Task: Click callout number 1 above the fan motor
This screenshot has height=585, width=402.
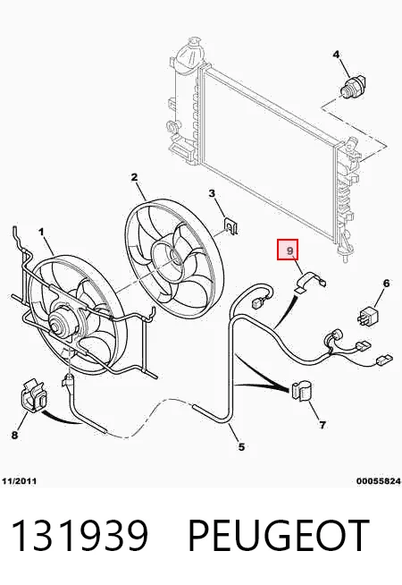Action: (x=41, y=232)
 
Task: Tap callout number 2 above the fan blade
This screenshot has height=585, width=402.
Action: (x=134, y=177)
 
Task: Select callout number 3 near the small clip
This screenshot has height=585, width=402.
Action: (x=212, y=193)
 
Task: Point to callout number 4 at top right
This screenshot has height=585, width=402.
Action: (x=336, y=55)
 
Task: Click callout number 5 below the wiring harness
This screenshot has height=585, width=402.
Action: (x=241, y=446)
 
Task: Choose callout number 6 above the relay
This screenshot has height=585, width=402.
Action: (x=386, y=284)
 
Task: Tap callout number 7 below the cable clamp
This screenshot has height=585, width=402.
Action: (x=322, y=425)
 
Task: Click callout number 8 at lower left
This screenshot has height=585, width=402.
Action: (x=14, y=435)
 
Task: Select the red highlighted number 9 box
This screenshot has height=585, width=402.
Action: (x=288, y=250)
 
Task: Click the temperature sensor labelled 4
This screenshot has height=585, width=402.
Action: (x=354, y=87)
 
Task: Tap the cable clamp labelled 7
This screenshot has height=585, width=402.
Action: (x=302, y=391)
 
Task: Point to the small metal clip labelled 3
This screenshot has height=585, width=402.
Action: (x=231, y=226)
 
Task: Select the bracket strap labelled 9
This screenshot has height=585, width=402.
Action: (x=310, y=282)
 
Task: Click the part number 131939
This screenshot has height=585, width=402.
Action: (x=80, y=536)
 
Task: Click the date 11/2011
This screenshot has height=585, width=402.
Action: (x=20, y=481)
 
